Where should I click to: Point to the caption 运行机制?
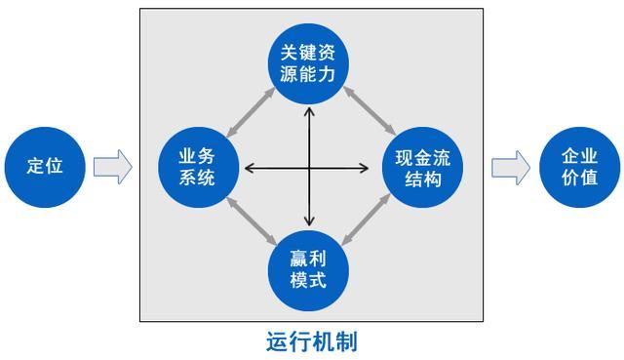[x=311, y=341]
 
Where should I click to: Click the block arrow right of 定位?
[x=112, y=167]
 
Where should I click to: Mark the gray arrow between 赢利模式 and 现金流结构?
[x=371, y=220]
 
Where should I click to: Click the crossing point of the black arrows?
[x=310, y=169]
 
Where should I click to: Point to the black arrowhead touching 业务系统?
[x=249, y=169]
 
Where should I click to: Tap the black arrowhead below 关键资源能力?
[x=310, y=108]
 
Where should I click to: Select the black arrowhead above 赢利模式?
[x=310, y=221]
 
